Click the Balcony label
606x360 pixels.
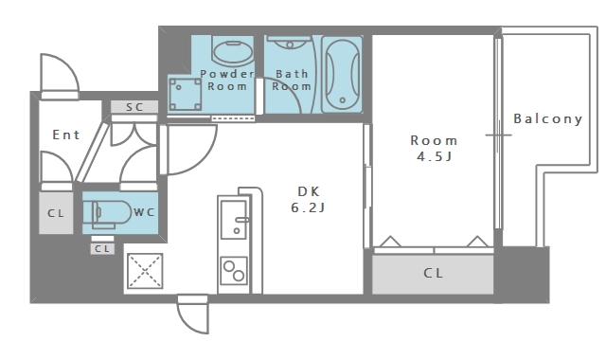coord(547,118)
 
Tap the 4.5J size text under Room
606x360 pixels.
coord(434,156)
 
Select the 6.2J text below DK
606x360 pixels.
coord(308,207)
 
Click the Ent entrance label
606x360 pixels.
coord(66,135)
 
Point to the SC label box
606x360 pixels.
coord(134,107)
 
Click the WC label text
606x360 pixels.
coord(144,212)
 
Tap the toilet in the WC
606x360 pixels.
coord(107,212)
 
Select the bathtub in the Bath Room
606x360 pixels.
coord(342,74)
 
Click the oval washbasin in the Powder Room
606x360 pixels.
coord(232,52)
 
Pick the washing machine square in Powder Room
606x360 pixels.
coord(186,94)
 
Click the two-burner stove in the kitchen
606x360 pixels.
coord(234,271)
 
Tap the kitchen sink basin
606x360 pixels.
coord(234,219)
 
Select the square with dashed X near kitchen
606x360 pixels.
coord(145,271)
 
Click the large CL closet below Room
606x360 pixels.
coord(433,274)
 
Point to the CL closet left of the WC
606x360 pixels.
coord(56,213)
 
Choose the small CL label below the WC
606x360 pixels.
coord(102,248)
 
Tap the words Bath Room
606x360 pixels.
coord(292,80)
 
